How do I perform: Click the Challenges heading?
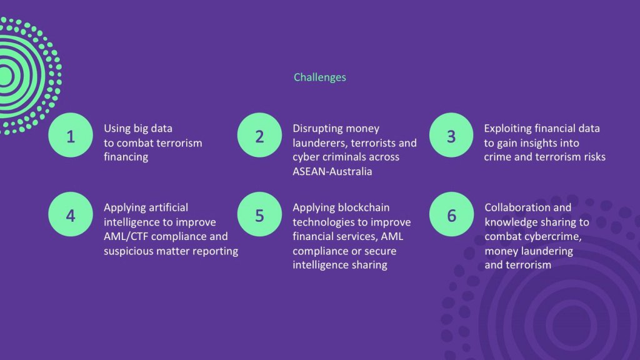[x=319, y=77]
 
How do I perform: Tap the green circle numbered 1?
[x=71, y=135]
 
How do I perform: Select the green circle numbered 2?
[x=259, y=135]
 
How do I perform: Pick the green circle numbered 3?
[x=451, y=135]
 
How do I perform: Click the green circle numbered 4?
[x=71, y=214]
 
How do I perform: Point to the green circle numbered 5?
[x=259, y=214]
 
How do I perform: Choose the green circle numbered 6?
[x=451, y=214]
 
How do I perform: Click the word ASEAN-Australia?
[x=332, y=171]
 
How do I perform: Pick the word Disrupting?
[x=313, y=129]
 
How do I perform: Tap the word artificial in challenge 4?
[x=168, y=207]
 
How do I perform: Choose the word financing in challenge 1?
[x=126, y=157]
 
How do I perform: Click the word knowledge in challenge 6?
[x=509, y=222]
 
